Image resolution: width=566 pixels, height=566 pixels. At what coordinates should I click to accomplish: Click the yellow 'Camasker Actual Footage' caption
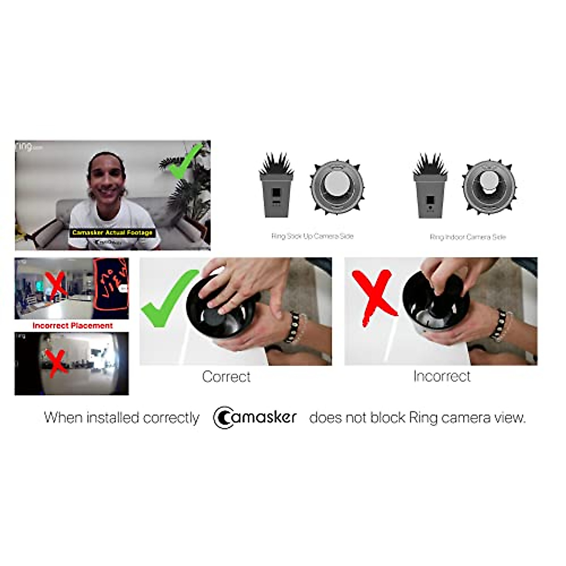click(x=112, y=233)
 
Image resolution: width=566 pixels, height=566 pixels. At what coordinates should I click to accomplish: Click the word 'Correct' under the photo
click(x=226, y=377)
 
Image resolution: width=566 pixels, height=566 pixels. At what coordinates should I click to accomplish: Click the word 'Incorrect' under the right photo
click(x=441, y=376)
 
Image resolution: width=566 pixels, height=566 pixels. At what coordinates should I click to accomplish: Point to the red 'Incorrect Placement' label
click(x=72, y=325)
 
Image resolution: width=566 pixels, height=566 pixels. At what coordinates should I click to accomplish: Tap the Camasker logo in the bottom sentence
click(x=255, y=417)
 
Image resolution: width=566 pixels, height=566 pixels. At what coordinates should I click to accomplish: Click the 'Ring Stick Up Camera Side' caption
click(x=312, y=236)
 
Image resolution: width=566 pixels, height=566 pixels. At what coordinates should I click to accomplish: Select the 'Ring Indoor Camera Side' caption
click(x=467, y=237)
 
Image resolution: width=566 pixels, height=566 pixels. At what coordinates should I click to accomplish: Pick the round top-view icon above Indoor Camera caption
click(x=489, y=186)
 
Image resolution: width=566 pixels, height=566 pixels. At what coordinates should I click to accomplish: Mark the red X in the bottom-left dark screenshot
click(x=57, y=363)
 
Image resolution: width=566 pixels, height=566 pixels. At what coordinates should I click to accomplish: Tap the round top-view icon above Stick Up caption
click(x=336, y=187)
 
